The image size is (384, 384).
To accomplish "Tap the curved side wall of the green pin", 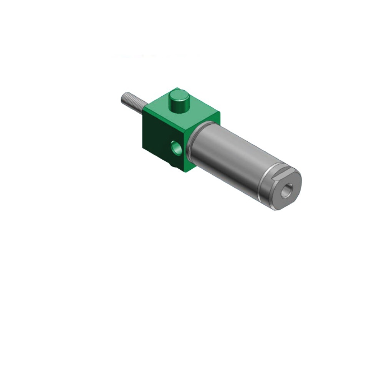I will [179, 105].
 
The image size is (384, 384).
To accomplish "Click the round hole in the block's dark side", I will [176, 148].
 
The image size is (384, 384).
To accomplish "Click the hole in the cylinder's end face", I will [286, 190].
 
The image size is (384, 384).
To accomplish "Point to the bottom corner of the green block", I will [187, 172].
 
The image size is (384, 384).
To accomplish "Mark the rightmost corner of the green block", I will [220, 113].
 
